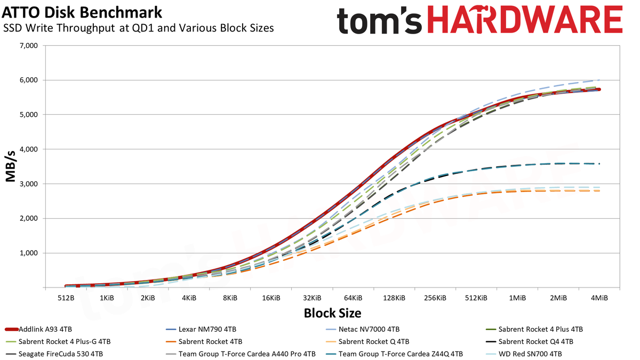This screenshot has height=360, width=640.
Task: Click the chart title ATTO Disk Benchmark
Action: (82, 12)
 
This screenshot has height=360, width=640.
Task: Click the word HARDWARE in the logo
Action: (525, 20)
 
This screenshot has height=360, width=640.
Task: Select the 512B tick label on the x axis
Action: (66, 298)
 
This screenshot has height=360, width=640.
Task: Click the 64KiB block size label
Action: (353, 298)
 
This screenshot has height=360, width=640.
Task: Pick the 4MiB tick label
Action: (599, 298)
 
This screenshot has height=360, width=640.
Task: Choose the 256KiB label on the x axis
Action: (435, 298)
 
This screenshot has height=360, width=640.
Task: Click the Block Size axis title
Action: (333, 313)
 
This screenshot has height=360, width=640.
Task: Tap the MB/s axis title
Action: (11, 166)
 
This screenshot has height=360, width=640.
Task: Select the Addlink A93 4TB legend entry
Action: (38, 330)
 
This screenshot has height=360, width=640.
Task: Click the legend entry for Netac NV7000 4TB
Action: (363, 330)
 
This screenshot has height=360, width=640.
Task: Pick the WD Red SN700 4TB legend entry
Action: (524, 354)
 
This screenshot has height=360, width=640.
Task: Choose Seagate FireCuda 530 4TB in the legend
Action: (54, 354)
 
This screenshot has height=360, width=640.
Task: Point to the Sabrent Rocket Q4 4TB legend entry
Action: (530, 342)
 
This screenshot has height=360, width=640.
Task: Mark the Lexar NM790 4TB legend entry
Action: (201, 330)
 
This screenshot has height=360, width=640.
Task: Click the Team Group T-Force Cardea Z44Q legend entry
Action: (394, 354)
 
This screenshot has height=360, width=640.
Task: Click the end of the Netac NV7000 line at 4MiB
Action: (599, 80)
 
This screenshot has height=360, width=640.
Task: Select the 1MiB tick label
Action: (517, 298)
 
